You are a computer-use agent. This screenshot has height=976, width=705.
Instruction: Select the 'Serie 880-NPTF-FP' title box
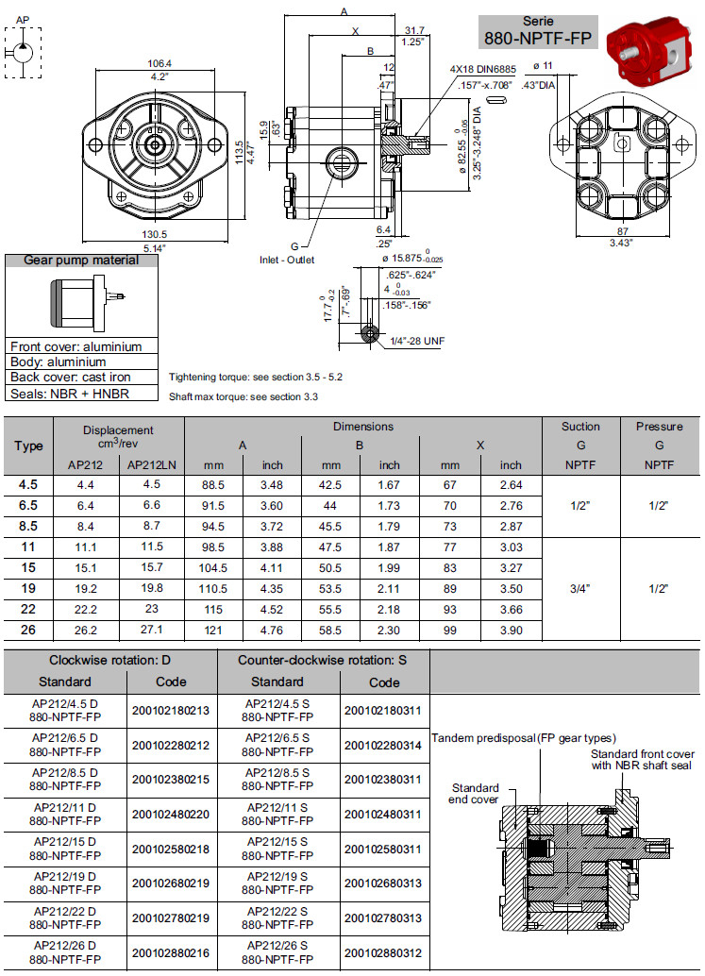tap(538, 31)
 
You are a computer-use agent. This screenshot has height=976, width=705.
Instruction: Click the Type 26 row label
tap(28, 630)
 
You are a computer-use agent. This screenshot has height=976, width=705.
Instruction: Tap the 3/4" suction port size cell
tap(580, 588)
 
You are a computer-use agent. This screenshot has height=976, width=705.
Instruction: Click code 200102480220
tap(171, 813)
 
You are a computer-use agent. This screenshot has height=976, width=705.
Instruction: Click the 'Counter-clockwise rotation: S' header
tap(322, 659)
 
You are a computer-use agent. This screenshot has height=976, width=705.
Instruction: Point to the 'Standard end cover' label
tap(475, 794)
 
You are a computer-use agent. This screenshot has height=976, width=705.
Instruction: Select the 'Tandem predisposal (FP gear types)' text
tap(524, 737)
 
